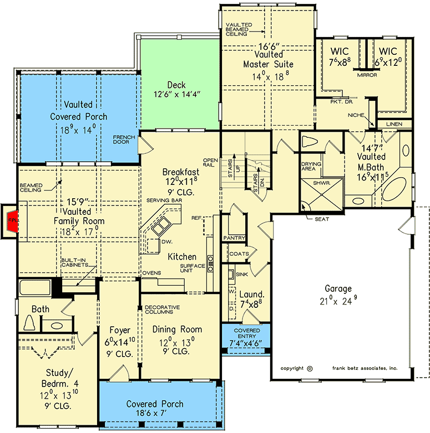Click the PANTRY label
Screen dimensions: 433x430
(234, 238)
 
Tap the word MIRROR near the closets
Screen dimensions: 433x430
(367, 74)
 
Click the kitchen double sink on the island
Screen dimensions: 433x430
(161, 226)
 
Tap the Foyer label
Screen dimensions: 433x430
(119, 330)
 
